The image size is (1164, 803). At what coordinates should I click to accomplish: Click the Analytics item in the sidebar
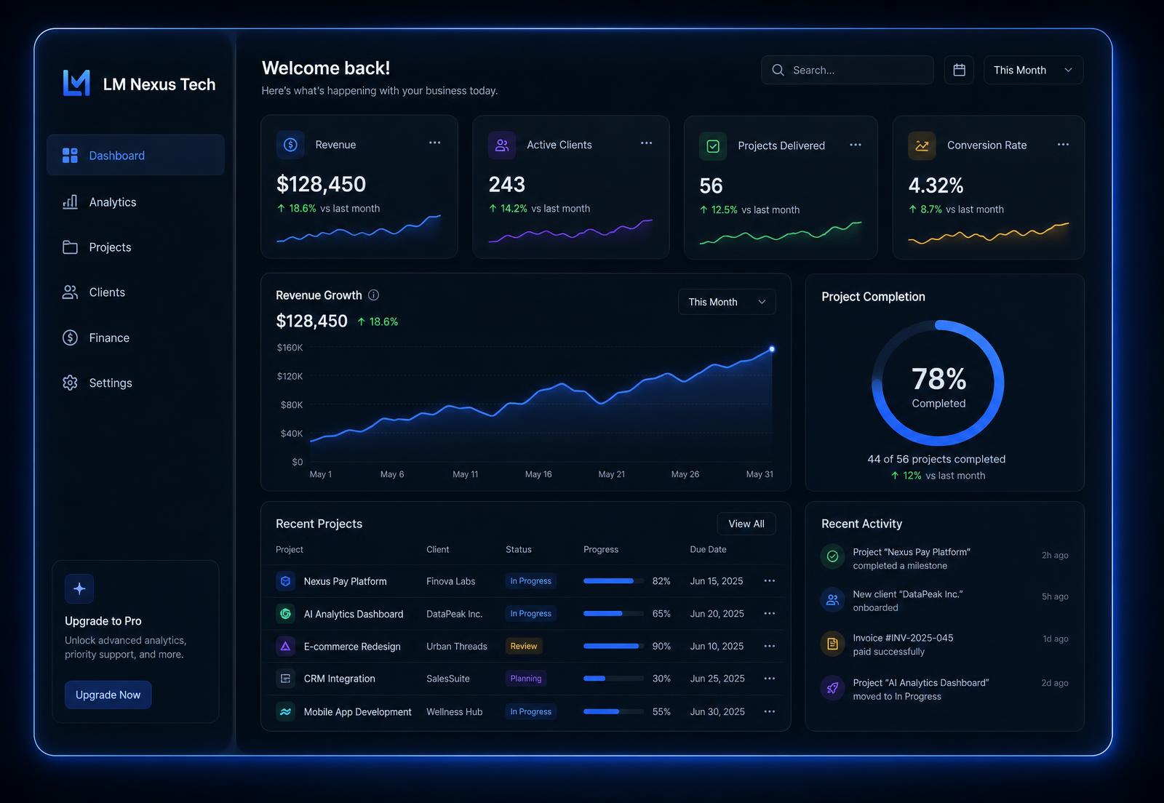99,202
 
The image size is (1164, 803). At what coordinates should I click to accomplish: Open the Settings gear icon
70,383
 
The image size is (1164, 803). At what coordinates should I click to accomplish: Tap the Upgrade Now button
108,695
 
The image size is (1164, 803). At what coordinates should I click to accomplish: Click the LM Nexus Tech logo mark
76,83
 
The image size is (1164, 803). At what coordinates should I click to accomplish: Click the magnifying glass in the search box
778,70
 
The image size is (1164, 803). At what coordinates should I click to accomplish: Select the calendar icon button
960,70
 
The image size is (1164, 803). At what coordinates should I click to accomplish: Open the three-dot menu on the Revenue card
435,143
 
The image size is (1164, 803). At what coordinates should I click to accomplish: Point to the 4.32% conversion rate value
936,185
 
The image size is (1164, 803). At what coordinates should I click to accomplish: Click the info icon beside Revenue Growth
374,295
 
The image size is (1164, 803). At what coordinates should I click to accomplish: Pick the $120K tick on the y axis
290,376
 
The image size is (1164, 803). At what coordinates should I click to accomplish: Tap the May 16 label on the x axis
538,474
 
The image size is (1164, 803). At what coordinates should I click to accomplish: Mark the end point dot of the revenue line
772,349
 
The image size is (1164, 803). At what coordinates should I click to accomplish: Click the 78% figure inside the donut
939,379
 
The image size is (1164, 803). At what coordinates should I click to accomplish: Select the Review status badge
524,646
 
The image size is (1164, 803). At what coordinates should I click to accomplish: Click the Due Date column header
709,550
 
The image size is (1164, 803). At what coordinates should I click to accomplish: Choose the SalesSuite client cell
448,679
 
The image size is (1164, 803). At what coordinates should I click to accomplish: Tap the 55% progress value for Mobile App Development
661,711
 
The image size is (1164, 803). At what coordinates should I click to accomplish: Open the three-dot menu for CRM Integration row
770,679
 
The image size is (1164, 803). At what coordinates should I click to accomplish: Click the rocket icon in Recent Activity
832,688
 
